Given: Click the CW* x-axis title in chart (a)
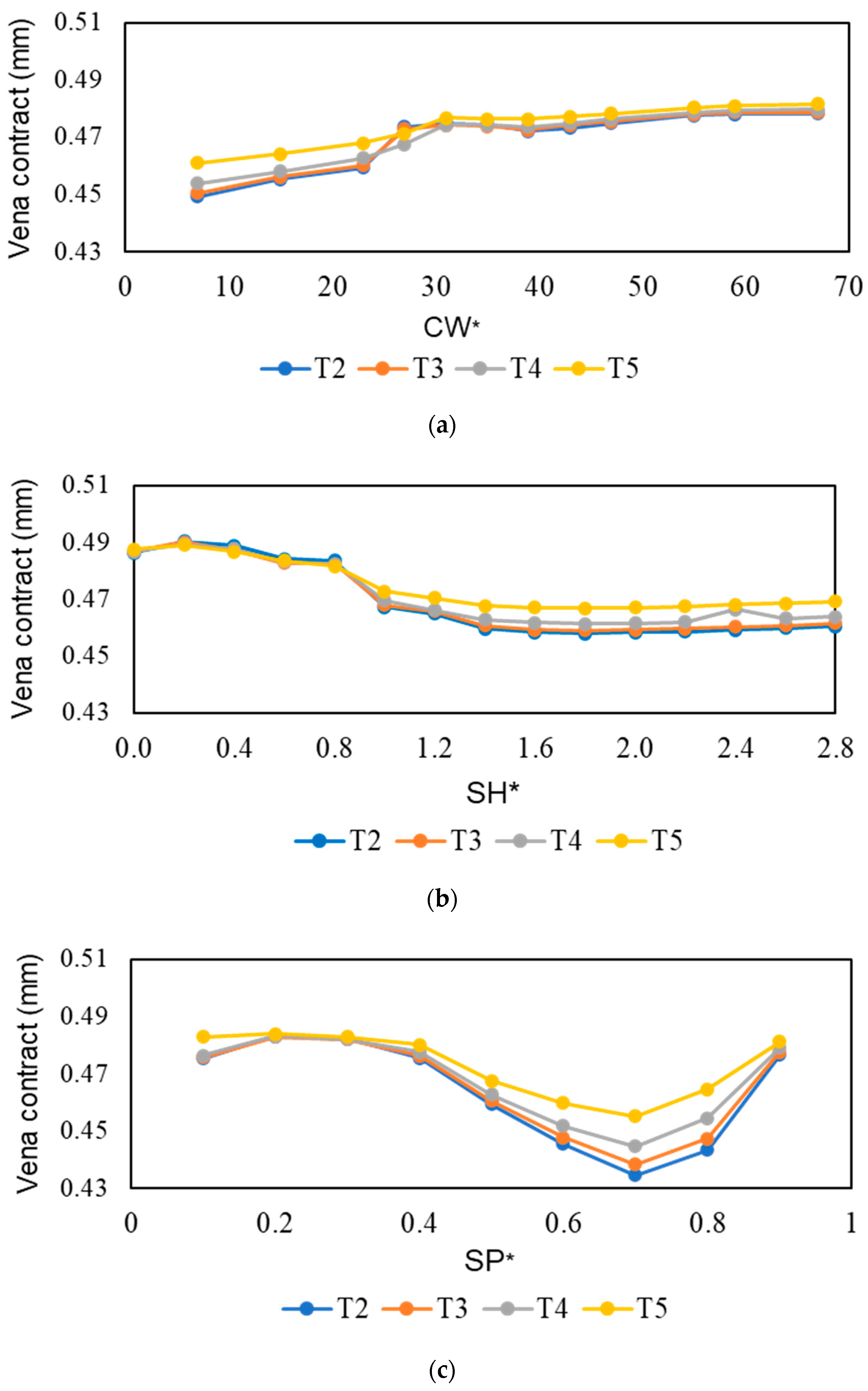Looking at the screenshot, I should [x=451, y=327].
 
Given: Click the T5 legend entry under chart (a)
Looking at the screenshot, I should [x=597, y=368].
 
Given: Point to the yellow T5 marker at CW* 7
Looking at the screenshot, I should [x=197, y=163].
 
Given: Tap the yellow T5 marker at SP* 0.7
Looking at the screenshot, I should [x=634, y=1116].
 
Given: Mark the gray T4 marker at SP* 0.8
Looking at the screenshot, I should [x=707, y=1118].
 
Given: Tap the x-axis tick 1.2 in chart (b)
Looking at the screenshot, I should [x=435, y=748].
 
